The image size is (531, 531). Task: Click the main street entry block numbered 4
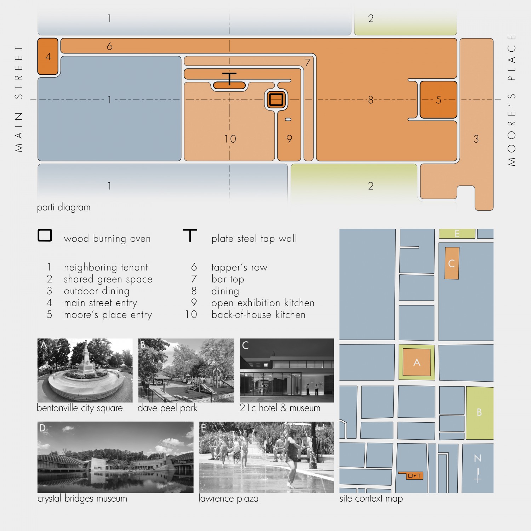tap(48, 57)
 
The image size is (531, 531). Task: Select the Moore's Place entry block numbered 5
tap(438, 100)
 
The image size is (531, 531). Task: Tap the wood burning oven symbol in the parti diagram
tap(276, 99)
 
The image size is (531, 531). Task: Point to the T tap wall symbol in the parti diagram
tap(229, 79)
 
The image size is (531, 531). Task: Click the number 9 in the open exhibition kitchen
tap(289, 139)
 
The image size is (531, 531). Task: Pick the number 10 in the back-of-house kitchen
tap(230, 139)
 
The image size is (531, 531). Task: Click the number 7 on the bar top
tap(308, 63)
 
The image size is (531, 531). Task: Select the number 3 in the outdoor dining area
tap(476, 139)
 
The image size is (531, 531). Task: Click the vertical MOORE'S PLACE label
tap(512, 100)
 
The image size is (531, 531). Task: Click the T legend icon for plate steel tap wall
tap(190, 235)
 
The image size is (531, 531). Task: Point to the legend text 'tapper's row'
tap(239, 267)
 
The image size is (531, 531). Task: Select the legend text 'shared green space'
tap(108, 279)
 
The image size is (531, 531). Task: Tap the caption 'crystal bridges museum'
tap(82, 498)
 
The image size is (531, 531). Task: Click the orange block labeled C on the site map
tap(452, 263)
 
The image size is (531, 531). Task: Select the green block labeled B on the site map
tap(480, 413)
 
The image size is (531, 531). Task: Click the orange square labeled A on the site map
tap(417, 362)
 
